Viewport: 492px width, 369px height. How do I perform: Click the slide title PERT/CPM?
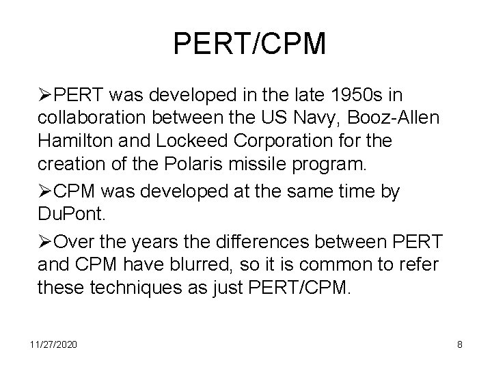(x=250, y=43)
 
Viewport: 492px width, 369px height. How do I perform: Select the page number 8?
(x=460, y=345)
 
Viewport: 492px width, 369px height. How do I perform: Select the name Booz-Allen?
(x=402, y=118)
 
